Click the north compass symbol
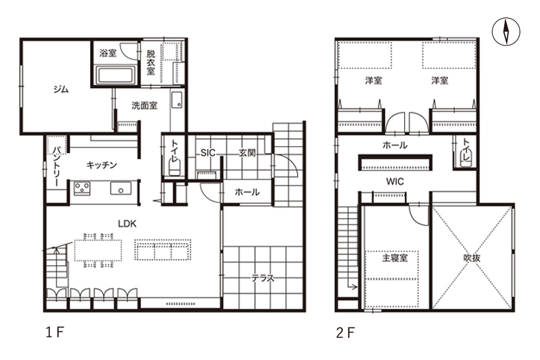point(506,32)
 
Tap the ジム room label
point(61,89)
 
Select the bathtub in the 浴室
point(115,75)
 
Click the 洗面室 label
point(144,105)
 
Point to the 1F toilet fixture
point(174,169)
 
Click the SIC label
point(208,152)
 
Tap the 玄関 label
point(247,152)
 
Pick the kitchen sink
point(120,189)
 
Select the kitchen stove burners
point(82,189)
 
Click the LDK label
point(127,224)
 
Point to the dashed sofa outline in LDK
point(163,250)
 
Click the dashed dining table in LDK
point(98,250)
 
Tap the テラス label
point(263,278)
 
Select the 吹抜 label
point(472,258)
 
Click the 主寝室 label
point(395,258)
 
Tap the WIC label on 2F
point(395,181)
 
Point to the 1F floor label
point(55,333)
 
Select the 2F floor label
point(345,333)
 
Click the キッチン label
point(102,165)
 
